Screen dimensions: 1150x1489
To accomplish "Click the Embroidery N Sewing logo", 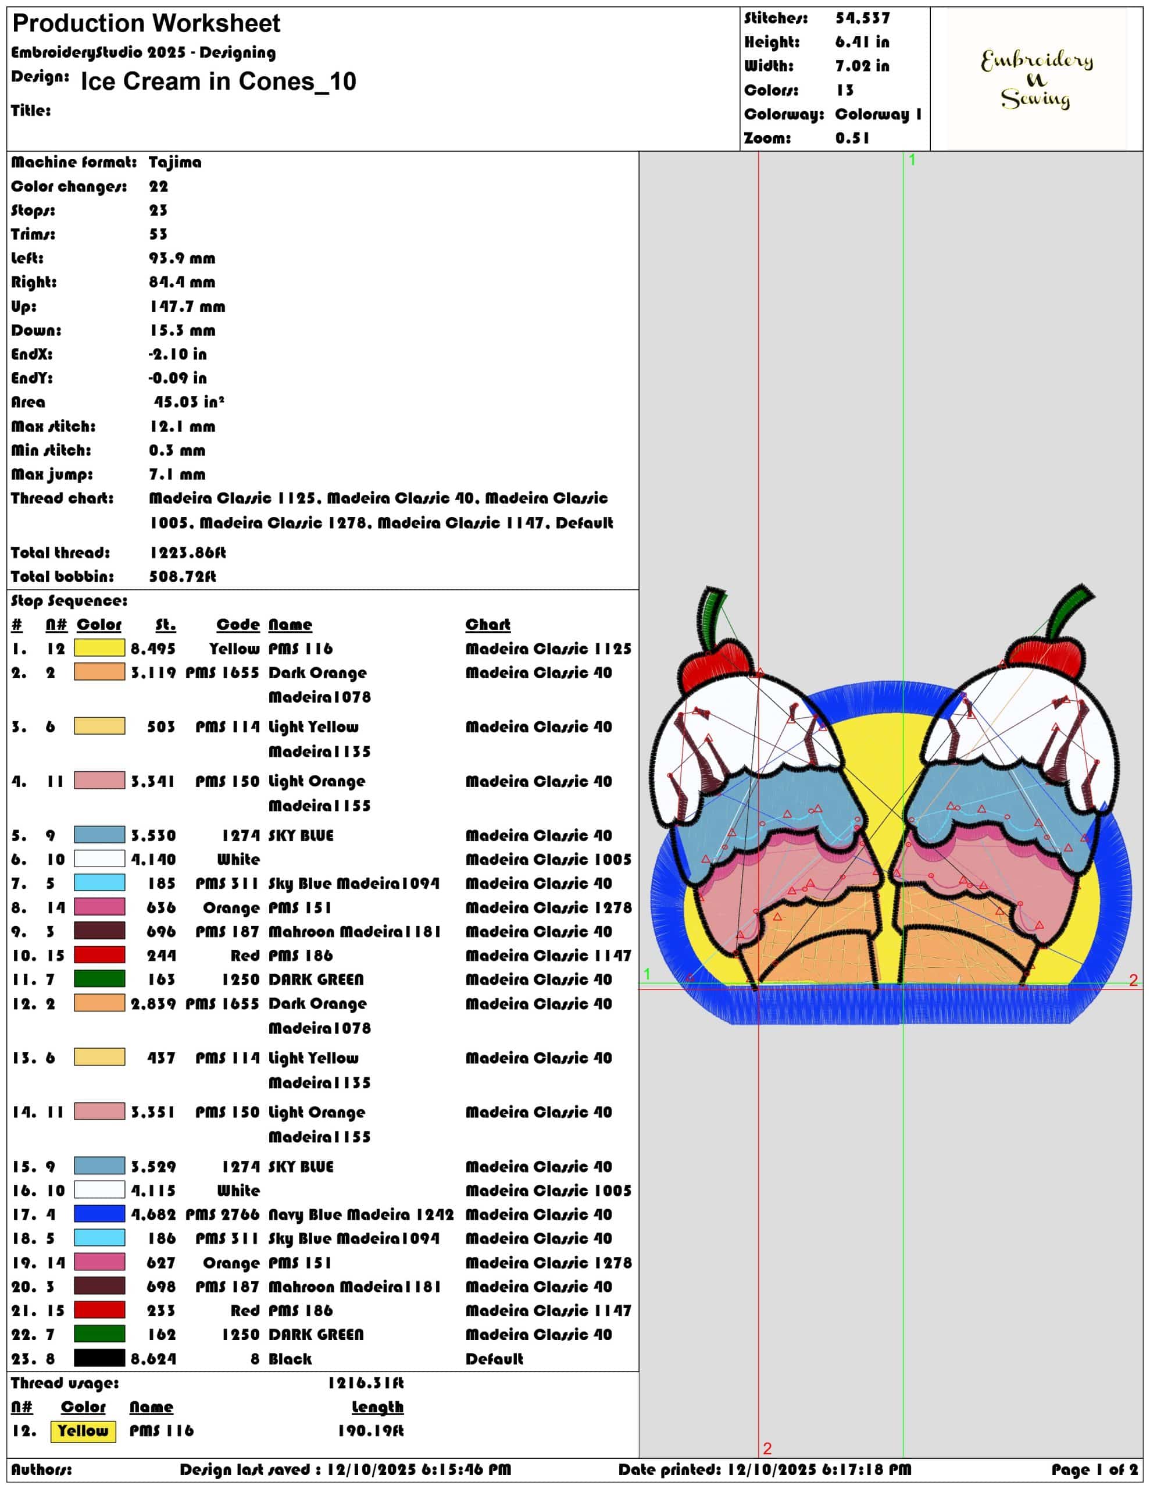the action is click(1036, 79).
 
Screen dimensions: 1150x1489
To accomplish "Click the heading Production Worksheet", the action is click(147, 24).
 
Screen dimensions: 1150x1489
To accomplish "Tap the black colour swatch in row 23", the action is click(99, 1358).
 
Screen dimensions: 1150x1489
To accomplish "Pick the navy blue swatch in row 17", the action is click(99, 1214).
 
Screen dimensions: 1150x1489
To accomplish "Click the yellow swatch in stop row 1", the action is click(99, 648).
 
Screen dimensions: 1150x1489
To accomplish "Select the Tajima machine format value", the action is click(175, 162).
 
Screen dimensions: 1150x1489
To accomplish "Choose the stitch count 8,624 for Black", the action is click(153, 1359).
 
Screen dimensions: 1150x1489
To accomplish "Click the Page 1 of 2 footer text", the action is click(1095, 1470).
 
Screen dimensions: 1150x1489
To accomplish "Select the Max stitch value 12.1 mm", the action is click(183, 427).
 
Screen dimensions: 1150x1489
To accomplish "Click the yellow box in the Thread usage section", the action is click(83, 1431).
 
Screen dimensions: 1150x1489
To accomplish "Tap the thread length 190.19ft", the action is click(371, 1431).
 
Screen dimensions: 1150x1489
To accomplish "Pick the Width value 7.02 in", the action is click(862, 66).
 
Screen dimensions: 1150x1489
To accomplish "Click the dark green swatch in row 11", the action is click(99, 979).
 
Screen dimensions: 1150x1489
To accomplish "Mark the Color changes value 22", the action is click(159, 187).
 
